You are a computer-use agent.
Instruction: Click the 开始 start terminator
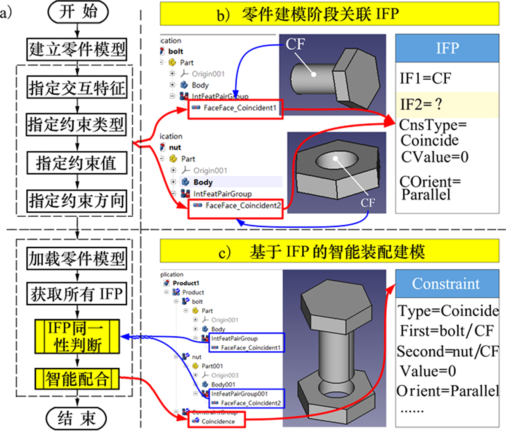tap(78, 12)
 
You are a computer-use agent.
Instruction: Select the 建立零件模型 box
tap(77, 49)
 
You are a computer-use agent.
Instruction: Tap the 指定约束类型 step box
tap(76, 124)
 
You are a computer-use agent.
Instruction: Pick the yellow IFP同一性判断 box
tap(77, 337)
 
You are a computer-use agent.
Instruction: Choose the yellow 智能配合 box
tap(77, 379)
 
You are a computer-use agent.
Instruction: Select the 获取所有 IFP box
tap(76, 294)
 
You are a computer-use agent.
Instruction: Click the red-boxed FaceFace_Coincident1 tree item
tap(235, 108)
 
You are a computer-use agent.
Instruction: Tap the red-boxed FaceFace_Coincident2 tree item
tap(235, 206)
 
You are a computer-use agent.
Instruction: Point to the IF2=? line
tap(422, 105)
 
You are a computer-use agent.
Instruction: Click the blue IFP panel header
tap(447, 48)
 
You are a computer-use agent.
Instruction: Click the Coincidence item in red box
tap(217, 421)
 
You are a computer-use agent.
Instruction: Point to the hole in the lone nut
tap(335, 160)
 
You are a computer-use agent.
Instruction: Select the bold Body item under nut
tap(203, 182)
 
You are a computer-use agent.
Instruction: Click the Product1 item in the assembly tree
tap(186, 283)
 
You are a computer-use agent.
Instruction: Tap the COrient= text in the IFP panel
tap(430, 182)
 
